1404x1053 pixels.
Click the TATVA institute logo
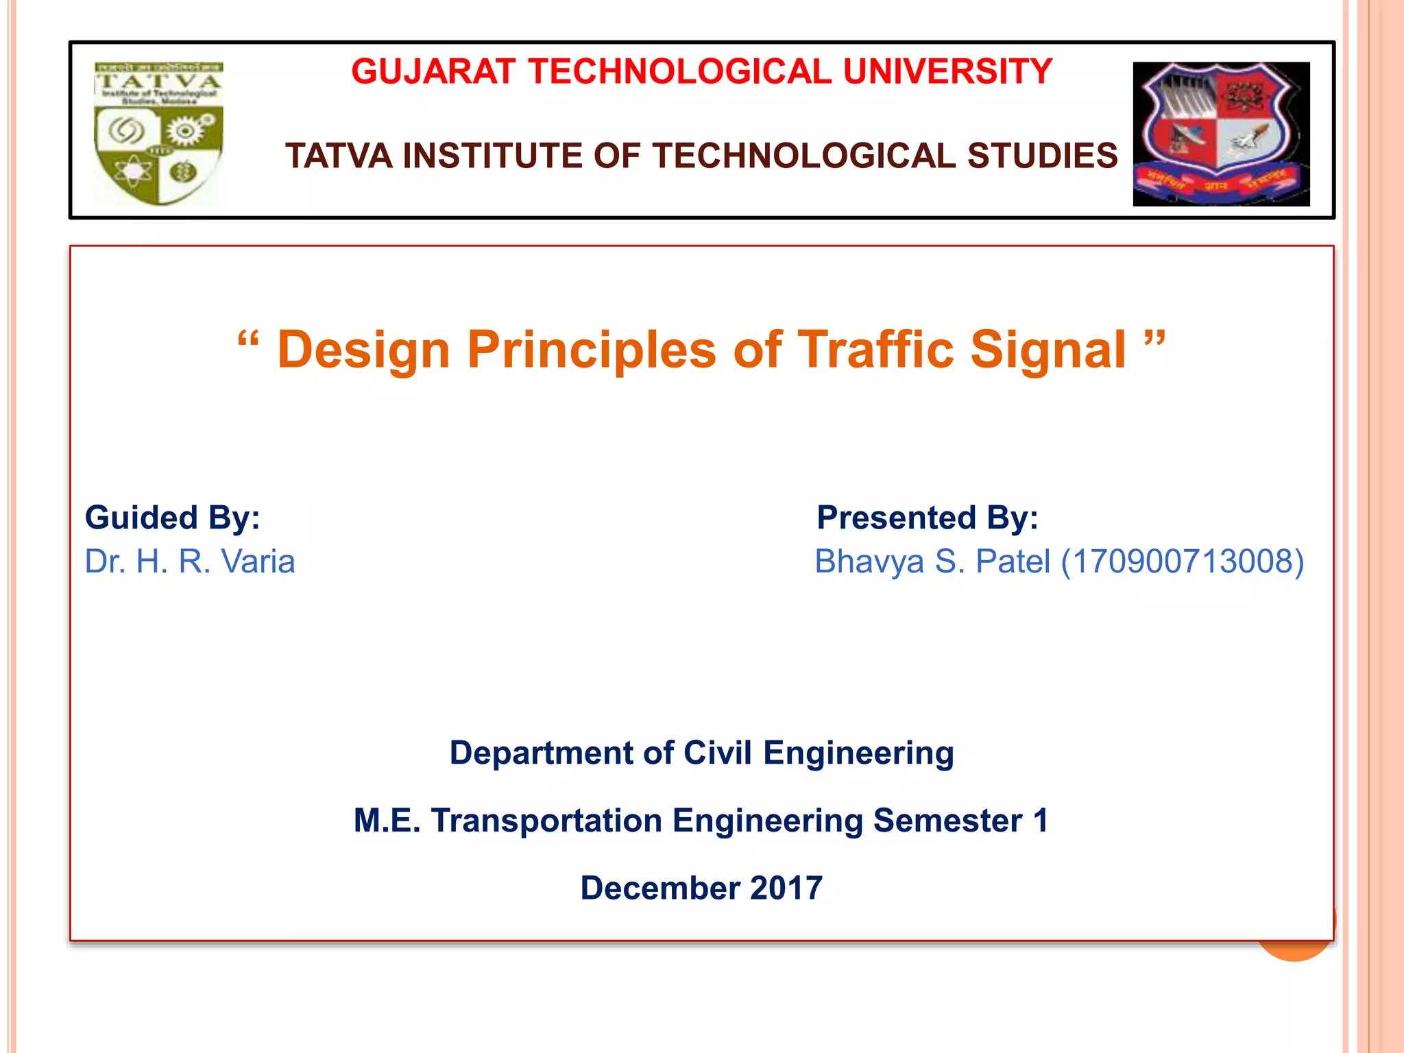coord(158,134)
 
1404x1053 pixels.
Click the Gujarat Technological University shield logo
coord(1221,134)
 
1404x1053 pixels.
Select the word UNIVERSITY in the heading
coord(947,72)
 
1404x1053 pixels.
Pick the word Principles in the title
coord(591,350)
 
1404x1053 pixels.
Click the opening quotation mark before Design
coord(248,341)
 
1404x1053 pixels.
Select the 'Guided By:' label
coord(172,518)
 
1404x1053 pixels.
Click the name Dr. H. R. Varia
coord(190,561)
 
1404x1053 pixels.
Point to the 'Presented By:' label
coord(927,518)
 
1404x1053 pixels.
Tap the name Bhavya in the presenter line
coord(869,561)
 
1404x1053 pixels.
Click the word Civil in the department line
coord(719,753)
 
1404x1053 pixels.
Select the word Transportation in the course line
coord(546,821)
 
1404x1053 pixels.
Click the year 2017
coord(786,888)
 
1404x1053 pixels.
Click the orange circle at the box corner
coord(1295,950)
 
